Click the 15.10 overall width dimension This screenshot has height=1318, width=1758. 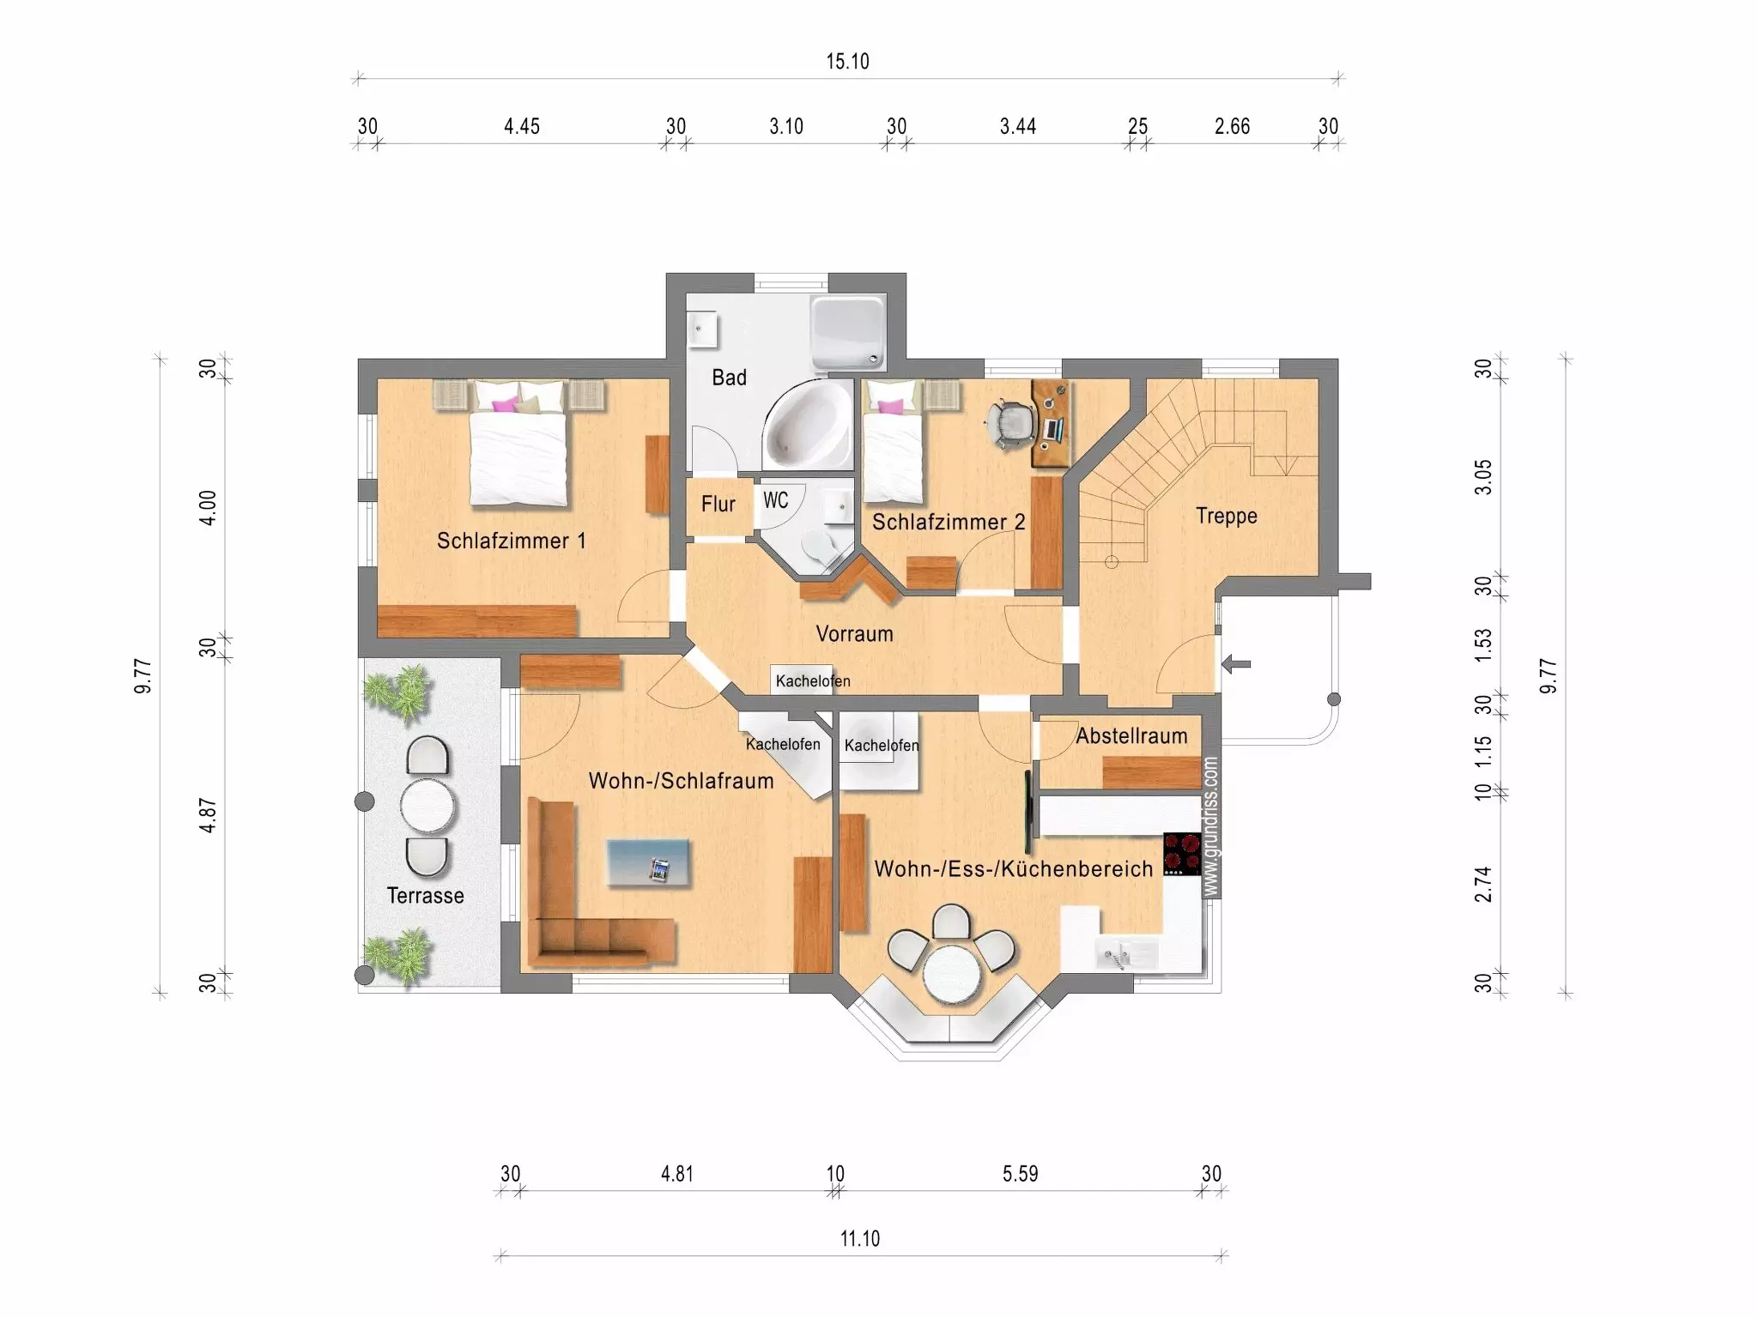click(847, 62)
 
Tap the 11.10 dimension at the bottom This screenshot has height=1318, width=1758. click(860, 1239)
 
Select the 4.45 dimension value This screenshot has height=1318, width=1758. click(522, 127)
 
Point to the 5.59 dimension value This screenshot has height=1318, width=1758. click(1021, 1174)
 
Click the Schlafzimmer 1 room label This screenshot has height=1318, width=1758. click(512, 541)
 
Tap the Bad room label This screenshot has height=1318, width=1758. click(730, 378)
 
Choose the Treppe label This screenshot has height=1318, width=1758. click(1227, 516)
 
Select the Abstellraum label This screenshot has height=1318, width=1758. click(1132, 736)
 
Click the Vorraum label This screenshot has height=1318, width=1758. click(855, 634)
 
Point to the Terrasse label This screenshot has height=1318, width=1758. click(426, 896)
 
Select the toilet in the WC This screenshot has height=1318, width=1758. click(819, 547)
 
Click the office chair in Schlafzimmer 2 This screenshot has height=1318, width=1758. click(1011, 424)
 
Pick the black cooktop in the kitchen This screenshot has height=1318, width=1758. click(1182, 854)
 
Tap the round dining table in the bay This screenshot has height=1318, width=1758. click(952, 972)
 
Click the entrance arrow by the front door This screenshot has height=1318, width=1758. click(1236, 663)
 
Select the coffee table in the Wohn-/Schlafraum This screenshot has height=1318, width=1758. click(648, 862)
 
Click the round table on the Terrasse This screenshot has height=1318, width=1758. click(427, 805)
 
